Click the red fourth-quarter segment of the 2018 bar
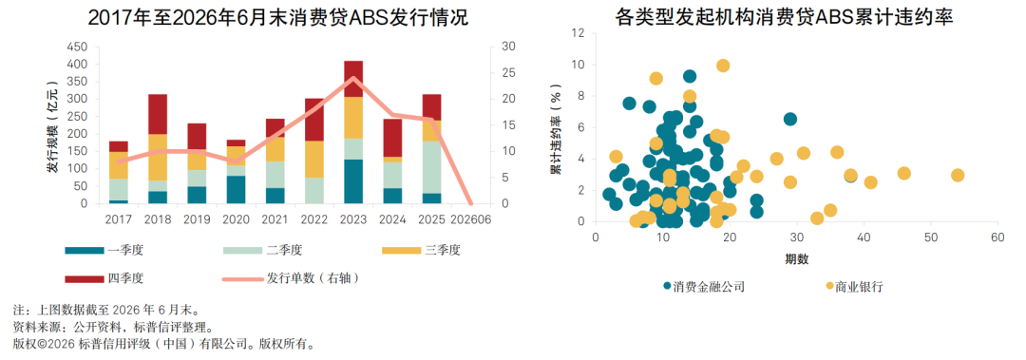pos(158,115)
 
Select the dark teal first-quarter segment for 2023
pos(353,181)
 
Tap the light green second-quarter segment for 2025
pos(432,167)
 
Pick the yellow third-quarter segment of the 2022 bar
pos(314,159)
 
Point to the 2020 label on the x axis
pos(236,218)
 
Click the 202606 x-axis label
pos(471,218)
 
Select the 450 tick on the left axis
pos(77,47)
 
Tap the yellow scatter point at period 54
pos(958,176)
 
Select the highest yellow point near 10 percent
pos(723,66)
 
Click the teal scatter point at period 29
pos(789,119)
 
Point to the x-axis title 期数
pos(797,258)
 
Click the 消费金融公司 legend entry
pos(704,286)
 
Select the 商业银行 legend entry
pos(855,286)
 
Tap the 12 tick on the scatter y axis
pos(579,33)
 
